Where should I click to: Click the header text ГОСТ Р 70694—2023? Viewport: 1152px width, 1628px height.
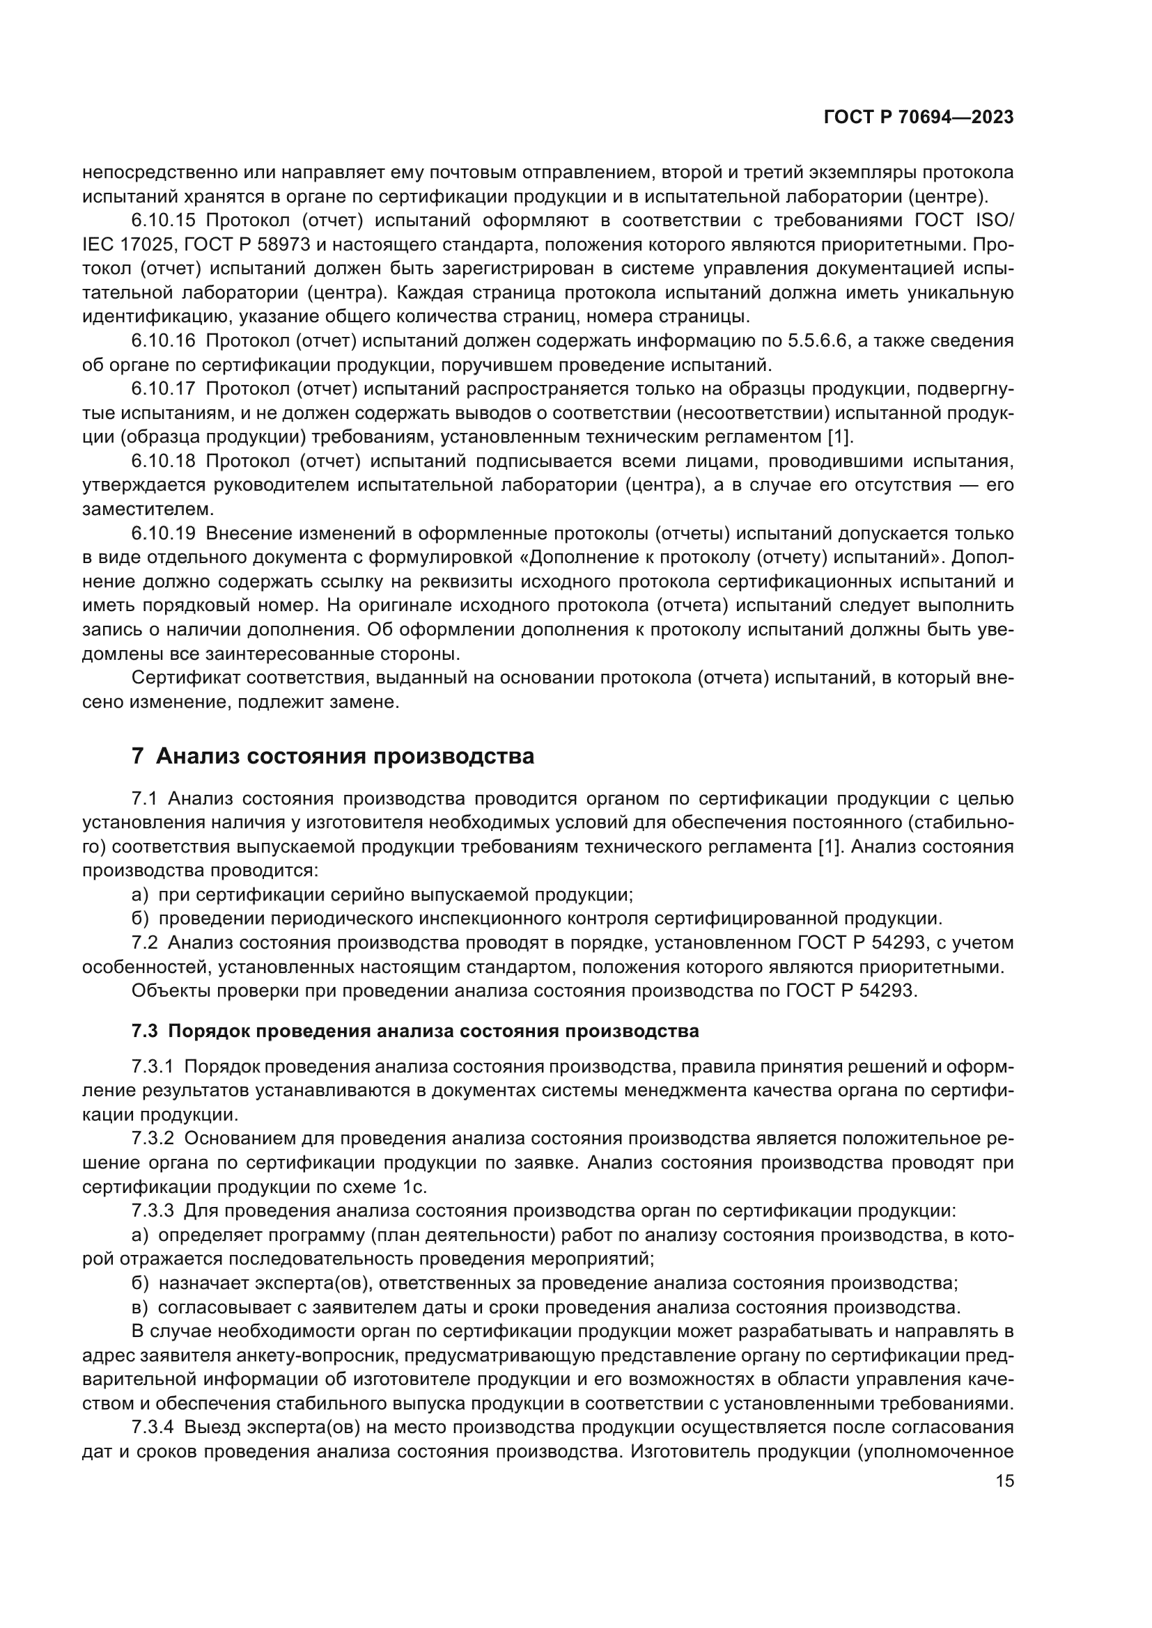919,118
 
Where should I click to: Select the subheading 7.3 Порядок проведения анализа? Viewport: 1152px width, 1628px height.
415,1030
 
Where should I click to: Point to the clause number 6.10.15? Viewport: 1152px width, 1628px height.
163,221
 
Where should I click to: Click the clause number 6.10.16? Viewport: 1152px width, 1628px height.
163,341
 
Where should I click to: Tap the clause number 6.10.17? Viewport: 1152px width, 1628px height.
163,388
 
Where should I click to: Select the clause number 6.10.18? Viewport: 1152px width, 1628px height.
163,461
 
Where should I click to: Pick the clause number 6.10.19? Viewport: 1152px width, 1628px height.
163,533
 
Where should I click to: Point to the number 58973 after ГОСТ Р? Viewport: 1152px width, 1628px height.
283,244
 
